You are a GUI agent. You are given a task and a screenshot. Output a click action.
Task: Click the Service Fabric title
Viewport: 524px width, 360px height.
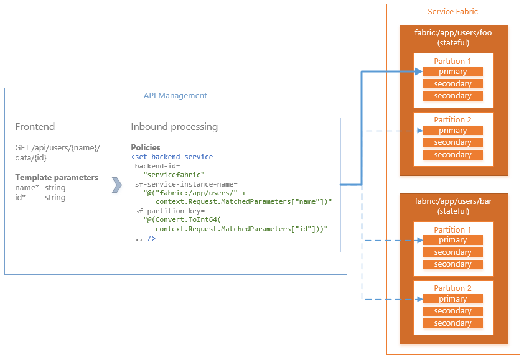pos(452,12)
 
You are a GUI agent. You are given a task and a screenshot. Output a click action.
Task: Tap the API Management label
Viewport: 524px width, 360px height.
pos(175,96)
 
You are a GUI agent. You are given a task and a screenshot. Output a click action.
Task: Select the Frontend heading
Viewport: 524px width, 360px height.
pos(35,127)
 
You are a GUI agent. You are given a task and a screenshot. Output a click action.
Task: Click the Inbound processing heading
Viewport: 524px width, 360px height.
pos(174,127)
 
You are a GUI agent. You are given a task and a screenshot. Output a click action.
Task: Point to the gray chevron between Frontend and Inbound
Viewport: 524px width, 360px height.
pos(116,185)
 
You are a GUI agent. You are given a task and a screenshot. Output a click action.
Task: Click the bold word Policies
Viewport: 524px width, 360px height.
pos(146,147)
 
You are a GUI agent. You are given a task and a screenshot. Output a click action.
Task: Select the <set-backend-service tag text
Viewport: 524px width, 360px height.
pos(172,157)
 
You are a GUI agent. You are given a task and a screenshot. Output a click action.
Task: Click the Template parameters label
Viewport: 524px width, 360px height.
pos(57,177)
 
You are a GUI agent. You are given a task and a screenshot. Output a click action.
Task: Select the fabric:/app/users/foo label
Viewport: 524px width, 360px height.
pos(452,33)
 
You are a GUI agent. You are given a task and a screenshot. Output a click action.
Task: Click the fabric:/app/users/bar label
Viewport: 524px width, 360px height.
pos(452,201)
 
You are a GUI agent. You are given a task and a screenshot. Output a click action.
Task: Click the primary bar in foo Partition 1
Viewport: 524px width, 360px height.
pos(452,72)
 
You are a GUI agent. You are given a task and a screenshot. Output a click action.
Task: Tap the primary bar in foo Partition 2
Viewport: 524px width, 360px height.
pos(452,131)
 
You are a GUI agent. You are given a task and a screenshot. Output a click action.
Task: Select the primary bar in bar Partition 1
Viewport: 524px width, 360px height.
pos(452,240)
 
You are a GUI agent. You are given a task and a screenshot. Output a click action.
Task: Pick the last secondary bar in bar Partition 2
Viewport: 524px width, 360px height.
pos(452,323)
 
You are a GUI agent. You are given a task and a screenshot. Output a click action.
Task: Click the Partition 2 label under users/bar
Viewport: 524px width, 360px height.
pos(452,288)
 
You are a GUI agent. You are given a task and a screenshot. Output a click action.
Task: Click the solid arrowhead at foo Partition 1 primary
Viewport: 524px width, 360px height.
pos(419,72)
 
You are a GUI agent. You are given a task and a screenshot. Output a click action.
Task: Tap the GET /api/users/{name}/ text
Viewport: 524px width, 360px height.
pos(57,147)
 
